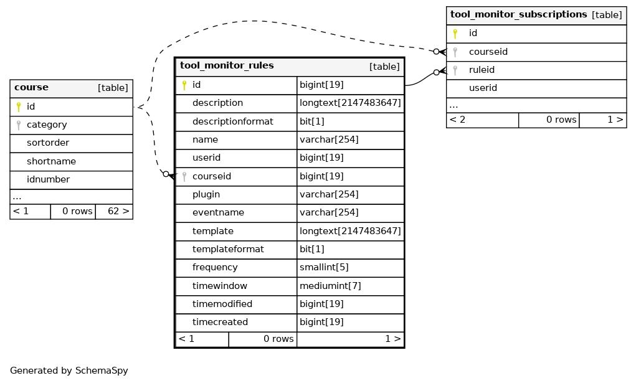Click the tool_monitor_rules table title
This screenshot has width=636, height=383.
227,66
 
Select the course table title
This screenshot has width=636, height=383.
31,87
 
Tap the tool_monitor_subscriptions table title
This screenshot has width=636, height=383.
518,14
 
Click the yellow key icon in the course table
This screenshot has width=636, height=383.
19,106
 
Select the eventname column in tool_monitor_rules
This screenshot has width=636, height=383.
218,212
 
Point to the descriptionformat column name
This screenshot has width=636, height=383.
233,121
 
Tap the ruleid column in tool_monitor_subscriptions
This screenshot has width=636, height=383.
482,70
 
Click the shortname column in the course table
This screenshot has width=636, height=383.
51,161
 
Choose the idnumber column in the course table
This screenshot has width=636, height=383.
48,179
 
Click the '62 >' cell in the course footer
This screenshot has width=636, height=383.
114,211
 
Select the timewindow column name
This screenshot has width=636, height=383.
219,286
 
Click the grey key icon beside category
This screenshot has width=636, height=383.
19,125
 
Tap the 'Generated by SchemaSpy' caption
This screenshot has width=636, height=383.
69,371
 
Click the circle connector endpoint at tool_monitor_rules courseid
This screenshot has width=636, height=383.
166,174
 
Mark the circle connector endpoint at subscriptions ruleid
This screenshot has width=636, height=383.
436,72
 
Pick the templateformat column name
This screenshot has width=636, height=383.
228,249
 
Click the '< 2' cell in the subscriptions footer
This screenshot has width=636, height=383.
482,120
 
